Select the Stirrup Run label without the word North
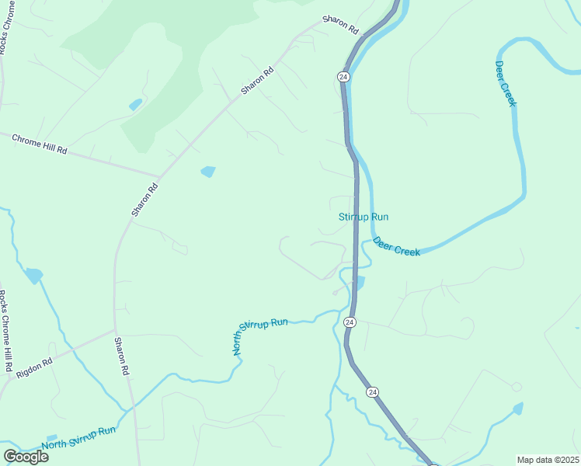click(x=364, y=217)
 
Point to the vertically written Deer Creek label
click(x=506, y=84)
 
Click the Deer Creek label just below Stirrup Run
click(x=396, y=247)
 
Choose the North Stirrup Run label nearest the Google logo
click(x=78, y=437)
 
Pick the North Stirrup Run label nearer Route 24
click(x=261, y=336)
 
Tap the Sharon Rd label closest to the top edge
click(x=343, y=25)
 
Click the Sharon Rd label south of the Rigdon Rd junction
click(x=121, y=356)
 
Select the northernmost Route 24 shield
click(x=343, y=76)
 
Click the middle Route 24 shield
click(x=350, y=322)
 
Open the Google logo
click(x=26, y=456)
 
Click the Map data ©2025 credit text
click(x=548, y=460)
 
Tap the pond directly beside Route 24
click(x=358, y=282)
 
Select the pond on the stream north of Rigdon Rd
click(x=34, y=275)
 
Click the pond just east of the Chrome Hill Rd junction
click(x=207, y=172)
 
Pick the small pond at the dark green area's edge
click(x=136, y=104)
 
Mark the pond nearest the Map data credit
click(x=517, y=408)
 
